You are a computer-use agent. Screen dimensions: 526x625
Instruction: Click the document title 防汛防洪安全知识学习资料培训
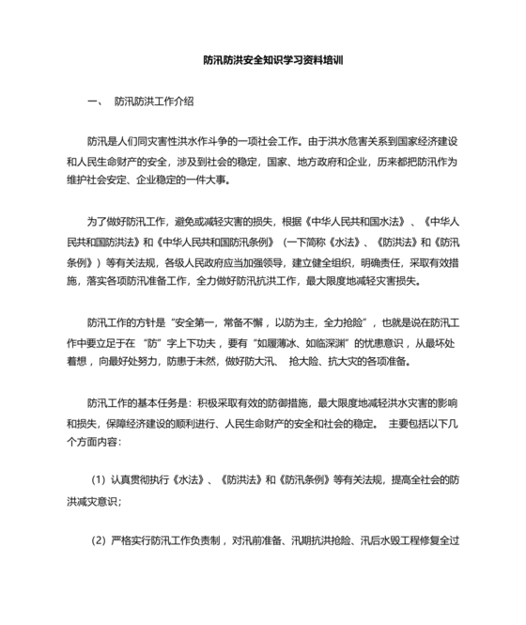pyautogui.click(x=273, y=58)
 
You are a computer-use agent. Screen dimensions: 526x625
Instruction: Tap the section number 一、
pyautogui.click(x=92, y=101)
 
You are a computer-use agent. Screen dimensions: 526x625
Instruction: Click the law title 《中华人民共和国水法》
pyautogui.click(x=352, y=223)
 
